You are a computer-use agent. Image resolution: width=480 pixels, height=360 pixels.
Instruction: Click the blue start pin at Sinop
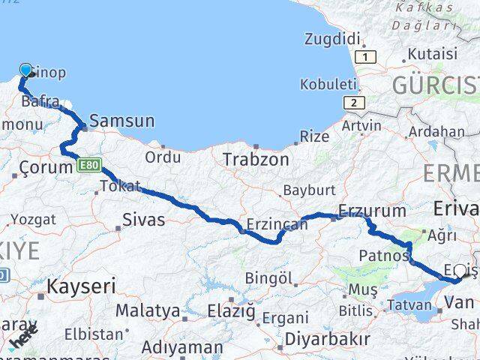(x=26, y=70)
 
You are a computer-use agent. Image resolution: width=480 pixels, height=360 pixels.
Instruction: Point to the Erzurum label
(x=372, y=211)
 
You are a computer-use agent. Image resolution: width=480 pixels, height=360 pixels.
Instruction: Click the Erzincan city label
(x=277, y=224)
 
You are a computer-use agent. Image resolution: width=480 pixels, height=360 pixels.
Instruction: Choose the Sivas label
(x=145, y=220)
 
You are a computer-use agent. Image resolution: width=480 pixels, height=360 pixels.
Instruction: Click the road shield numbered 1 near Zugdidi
(x=365, y=57)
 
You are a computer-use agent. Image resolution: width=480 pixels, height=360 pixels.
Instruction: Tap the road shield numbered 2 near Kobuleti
(x=352, y=103)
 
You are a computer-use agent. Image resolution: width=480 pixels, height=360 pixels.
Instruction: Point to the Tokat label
(x=120, y=186)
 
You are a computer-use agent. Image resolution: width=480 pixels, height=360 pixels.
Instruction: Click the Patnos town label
(x=382, y=256)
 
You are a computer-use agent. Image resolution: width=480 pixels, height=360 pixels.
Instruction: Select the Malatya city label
(x=148, y=310)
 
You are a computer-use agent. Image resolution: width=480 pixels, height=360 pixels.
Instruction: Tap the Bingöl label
(x=268, y=278)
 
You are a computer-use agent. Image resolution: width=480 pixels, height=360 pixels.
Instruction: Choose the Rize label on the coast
(x=314, y=136)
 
